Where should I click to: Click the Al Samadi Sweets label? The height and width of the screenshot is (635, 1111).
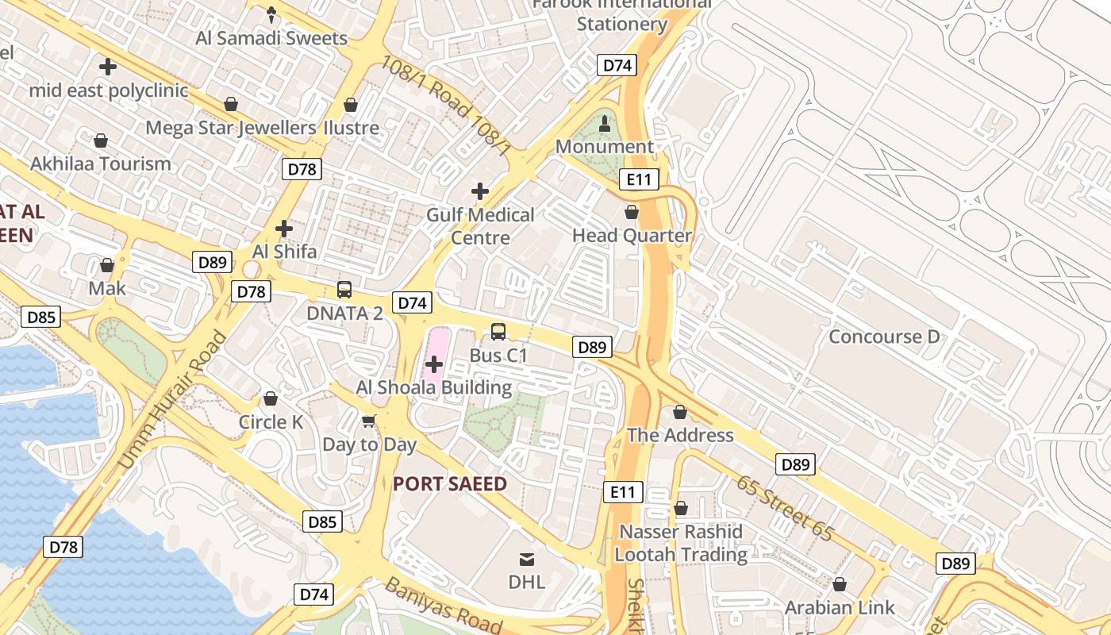(272, 38)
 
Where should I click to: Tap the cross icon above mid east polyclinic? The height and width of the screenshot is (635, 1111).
(108, 67)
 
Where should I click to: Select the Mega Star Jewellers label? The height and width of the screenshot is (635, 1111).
(231, 128)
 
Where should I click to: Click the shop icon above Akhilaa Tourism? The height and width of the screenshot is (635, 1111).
(101, 141)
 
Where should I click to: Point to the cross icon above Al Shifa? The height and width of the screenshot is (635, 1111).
(283, 229)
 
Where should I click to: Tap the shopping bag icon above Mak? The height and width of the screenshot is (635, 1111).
(107, 265)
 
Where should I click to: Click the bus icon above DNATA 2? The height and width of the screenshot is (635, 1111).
(344, 290)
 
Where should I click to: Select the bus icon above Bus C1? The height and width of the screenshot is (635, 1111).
(498, 332)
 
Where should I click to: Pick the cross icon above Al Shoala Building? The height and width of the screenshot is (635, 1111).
(434, 364)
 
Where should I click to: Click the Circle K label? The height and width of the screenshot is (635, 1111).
(271, 422)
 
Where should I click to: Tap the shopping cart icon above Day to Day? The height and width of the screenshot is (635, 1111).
(368, 421)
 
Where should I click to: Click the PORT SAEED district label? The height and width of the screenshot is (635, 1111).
(450, 483)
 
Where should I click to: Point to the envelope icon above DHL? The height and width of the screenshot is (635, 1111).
(527, 560)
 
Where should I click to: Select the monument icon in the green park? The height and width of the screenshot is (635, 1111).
(605, 123)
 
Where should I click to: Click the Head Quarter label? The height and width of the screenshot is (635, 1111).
(632, 236)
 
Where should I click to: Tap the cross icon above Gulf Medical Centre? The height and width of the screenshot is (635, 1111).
(479, 191)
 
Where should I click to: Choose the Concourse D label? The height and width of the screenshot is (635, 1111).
(883, 337)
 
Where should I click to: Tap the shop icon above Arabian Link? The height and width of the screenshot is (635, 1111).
(840, 585)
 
